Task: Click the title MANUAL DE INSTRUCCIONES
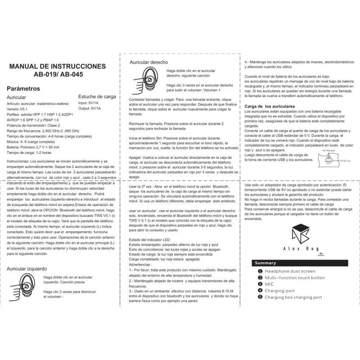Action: [x=58, y=66]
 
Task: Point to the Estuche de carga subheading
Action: [x=97, y=96]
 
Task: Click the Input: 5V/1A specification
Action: [x=89, y=103]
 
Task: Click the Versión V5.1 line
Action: [x=18, y=109]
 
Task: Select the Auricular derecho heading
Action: [x=148, y=62]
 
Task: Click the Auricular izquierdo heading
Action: [x=28, y=269]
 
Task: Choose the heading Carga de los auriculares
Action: [x=269, y=105]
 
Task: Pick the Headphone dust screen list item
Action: [x=289, y=271]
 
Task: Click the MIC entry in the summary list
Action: [x=269, y=284]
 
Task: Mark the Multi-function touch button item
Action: [x=294, y=278]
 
